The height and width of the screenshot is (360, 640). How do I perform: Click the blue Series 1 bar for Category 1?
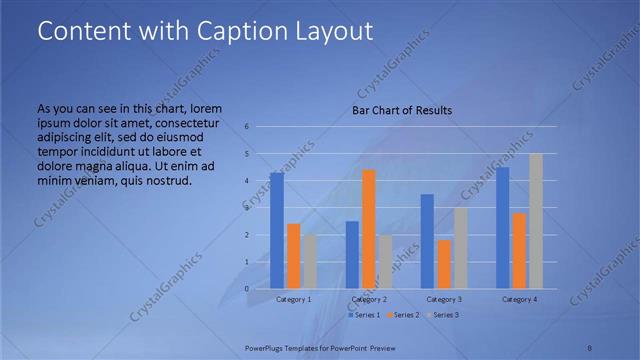coord(277,230)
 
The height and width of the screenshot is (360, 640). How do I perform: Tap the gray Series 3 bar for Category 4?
coord(536,221)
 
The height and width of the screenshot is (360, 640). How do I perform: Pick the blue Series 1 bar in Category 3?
coord(427,241)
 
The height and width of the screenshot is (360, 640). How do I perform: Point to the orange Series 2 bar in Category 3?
coord(443,264)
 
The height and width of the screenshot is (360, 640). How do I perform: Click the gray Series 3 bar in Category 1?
coord(309,261)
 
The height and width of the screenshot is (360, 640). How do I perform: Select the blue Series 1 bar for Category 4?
coord(503,228)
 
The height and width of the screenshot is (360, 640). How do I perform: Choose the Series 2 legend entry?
coord(403,315)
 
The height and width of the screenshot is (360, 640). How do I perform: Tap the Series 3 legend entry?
coord(443,315)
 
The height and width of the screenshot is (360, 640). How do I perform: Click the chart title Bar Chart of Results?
coord(402,110)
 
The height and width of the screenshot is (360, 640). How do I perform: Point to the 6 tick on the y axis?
coord(247,127)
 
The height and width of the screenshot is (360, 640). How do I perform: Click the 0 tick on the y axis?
coord(247,289)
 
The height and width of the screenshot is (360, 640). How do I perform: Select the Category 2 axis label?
coord(369,300)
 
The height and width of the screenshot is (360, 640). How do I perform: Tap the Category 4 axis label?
coord(519,300)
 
